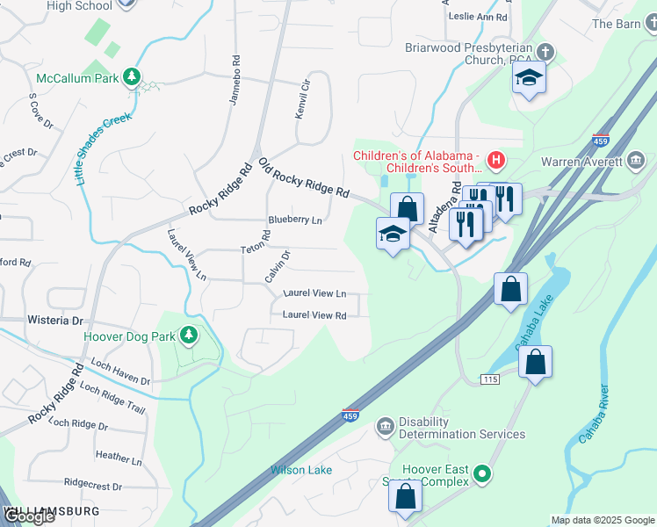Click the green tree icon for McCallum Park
pyautogui.click(x=132, y=77)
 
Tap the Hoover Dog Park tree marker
pyautogui.click(x=188, y=336)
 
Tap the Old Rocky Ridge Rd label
pyautogui.click(x=304, y=178)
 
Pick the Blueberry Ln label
pyautogui.click(x=294, y=220)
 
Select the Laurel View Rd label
pyautogui.click(x=314, y=314)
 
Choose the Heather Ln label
pyautogui.click(x=118, y=458)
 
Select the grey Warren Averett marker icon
pyautogui.click(x=636, y=161)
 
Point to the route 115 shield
pyautogui.click(x=490, y=379)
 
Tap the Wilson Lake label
pyautogui.click(x=301, y=470)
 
